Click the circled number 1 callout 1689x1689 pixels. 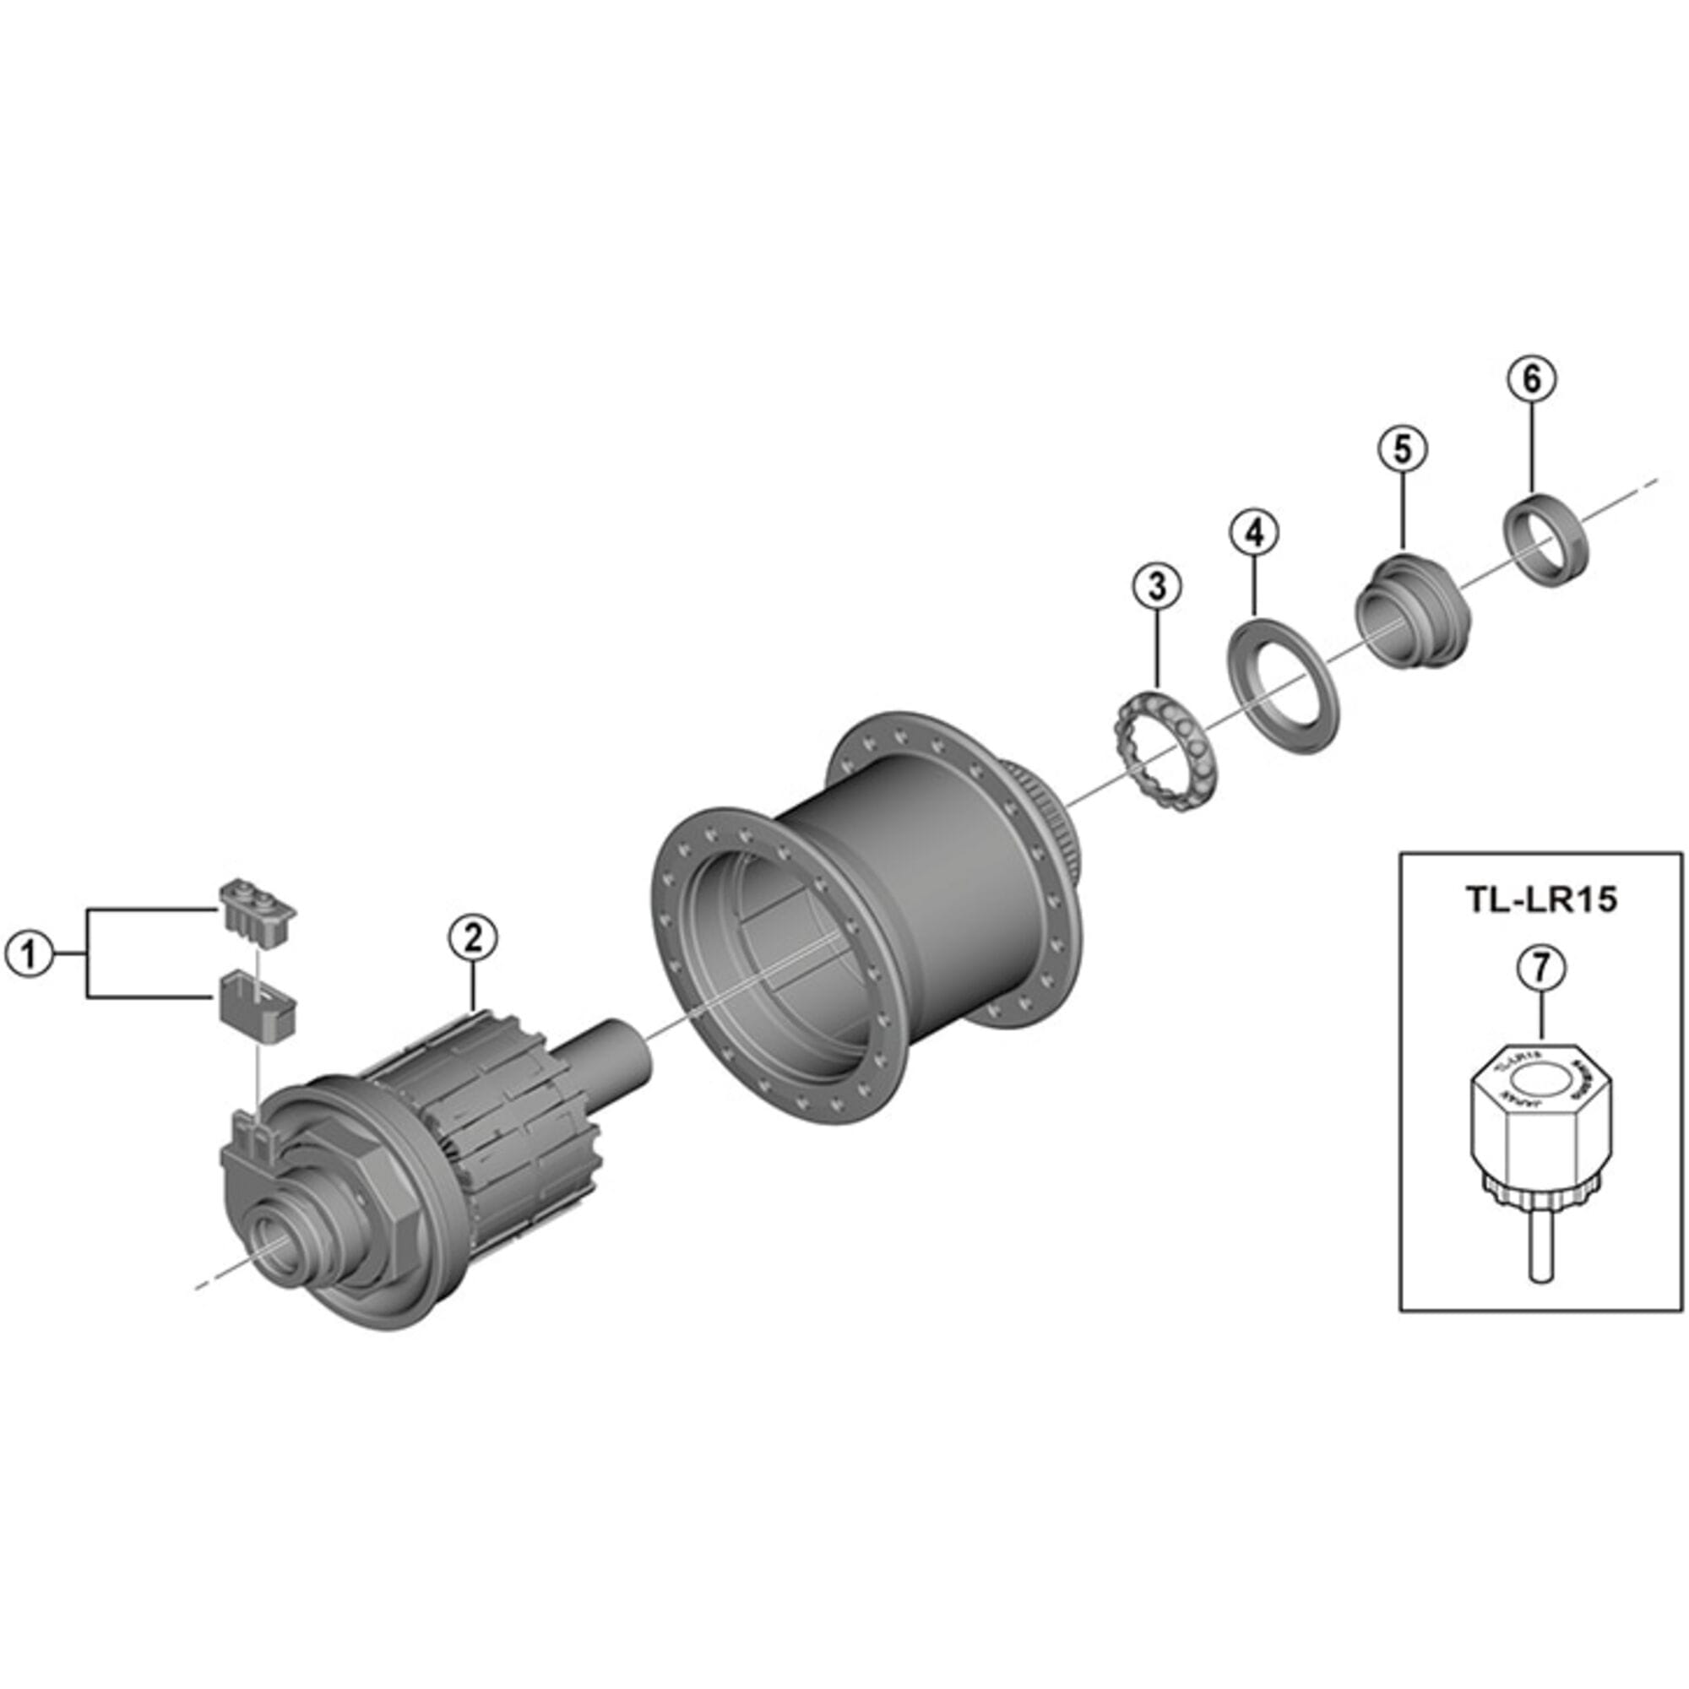tap(30, 953)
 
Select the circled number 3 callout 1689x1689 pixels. tap(1157, 588)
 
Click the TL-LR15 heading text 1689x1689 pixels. tap(1540, 901)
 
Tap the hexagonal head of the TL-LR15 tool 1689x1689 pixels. tap(1538, 1114)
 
